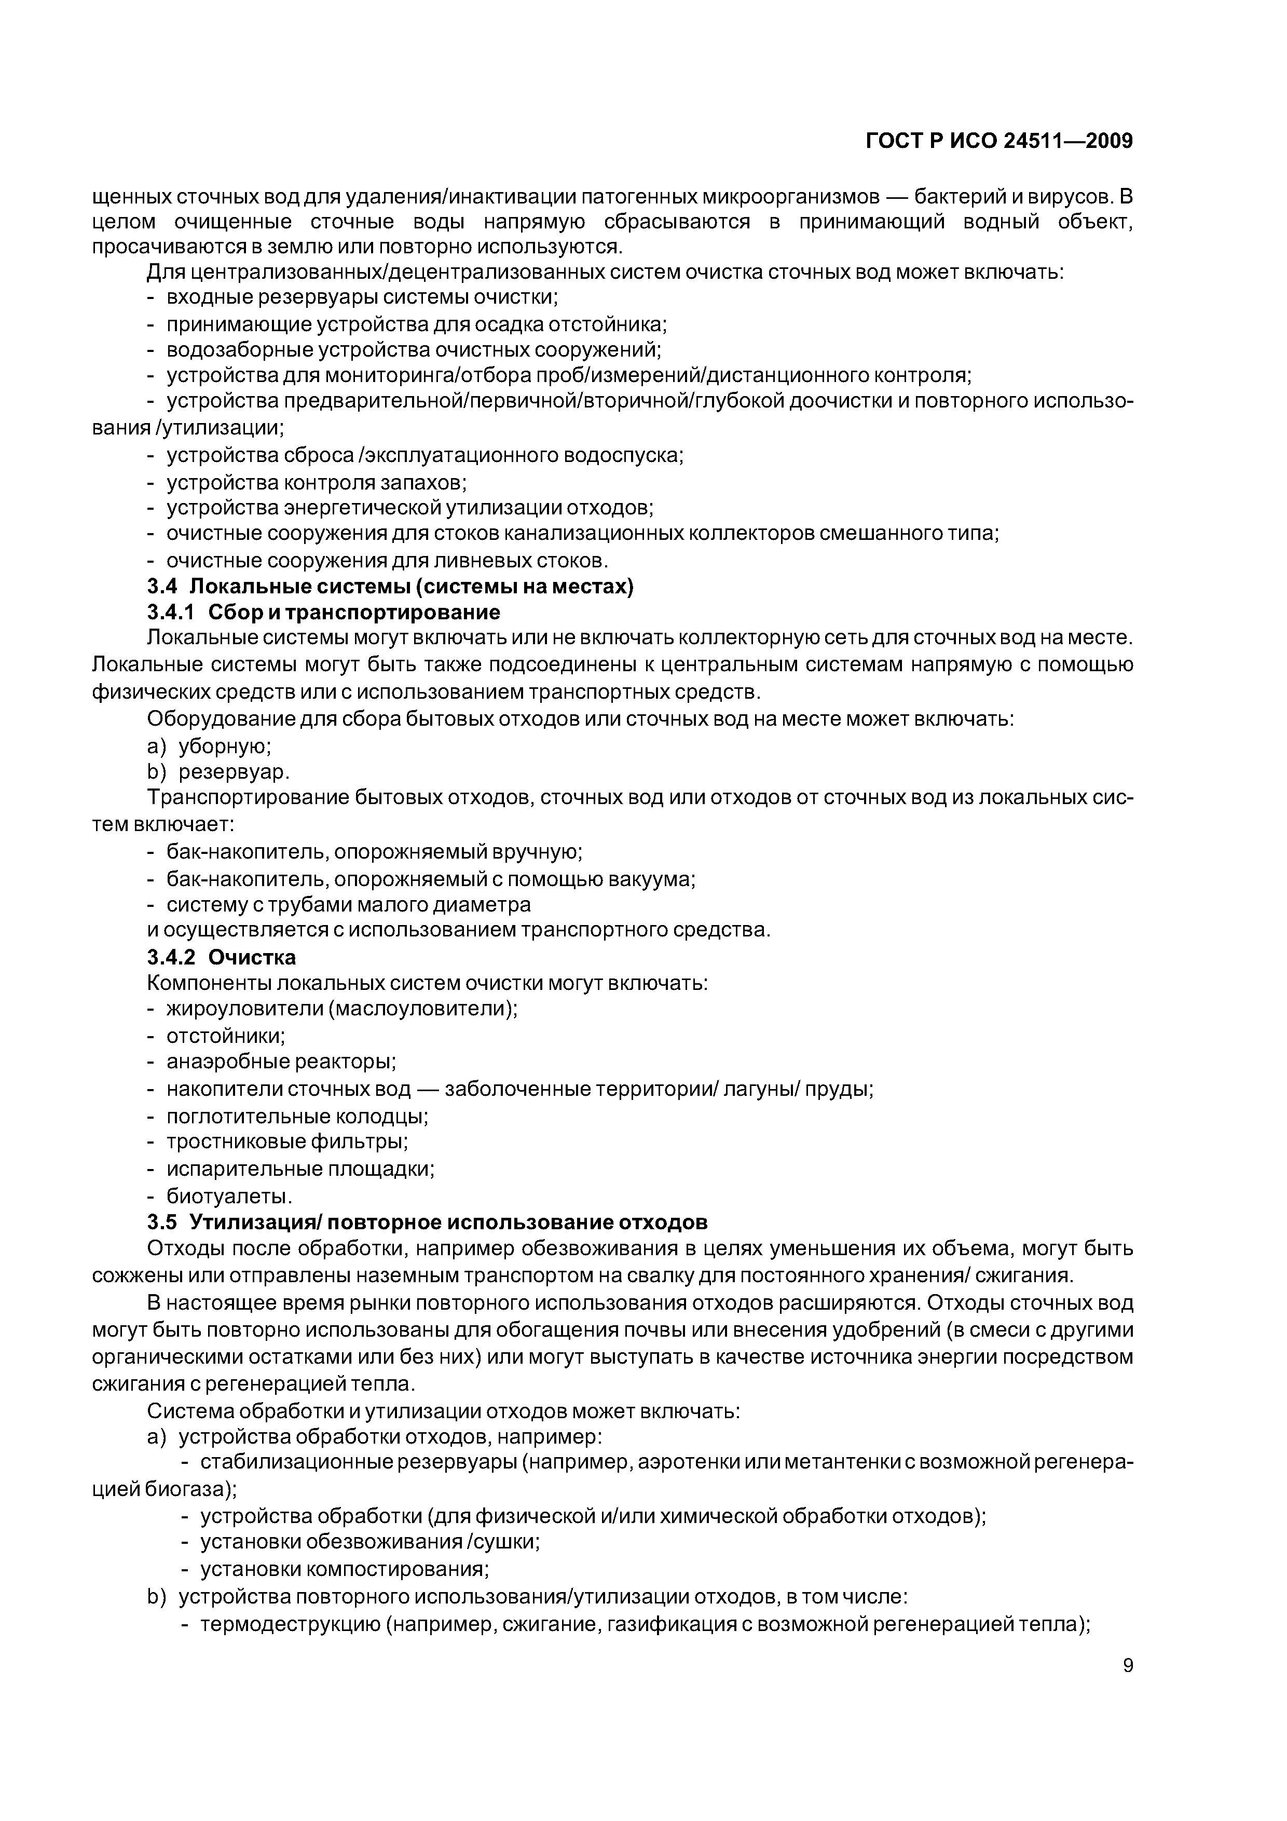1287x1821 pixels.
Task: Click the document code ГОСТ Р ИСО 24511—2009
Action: [998, 141]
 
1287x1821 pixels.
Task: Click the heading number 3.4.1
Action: [171, 613]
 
